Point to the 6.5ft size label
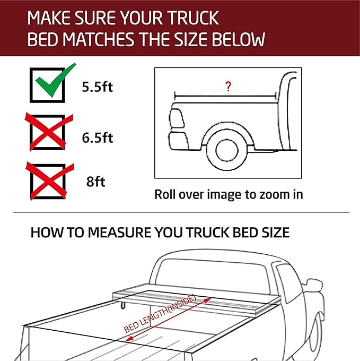pos(98,137)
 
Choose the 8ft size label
pos(96,182)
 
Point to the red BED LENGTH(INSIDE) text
pos(161,314)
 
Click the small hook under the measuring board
pos(123,304)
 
